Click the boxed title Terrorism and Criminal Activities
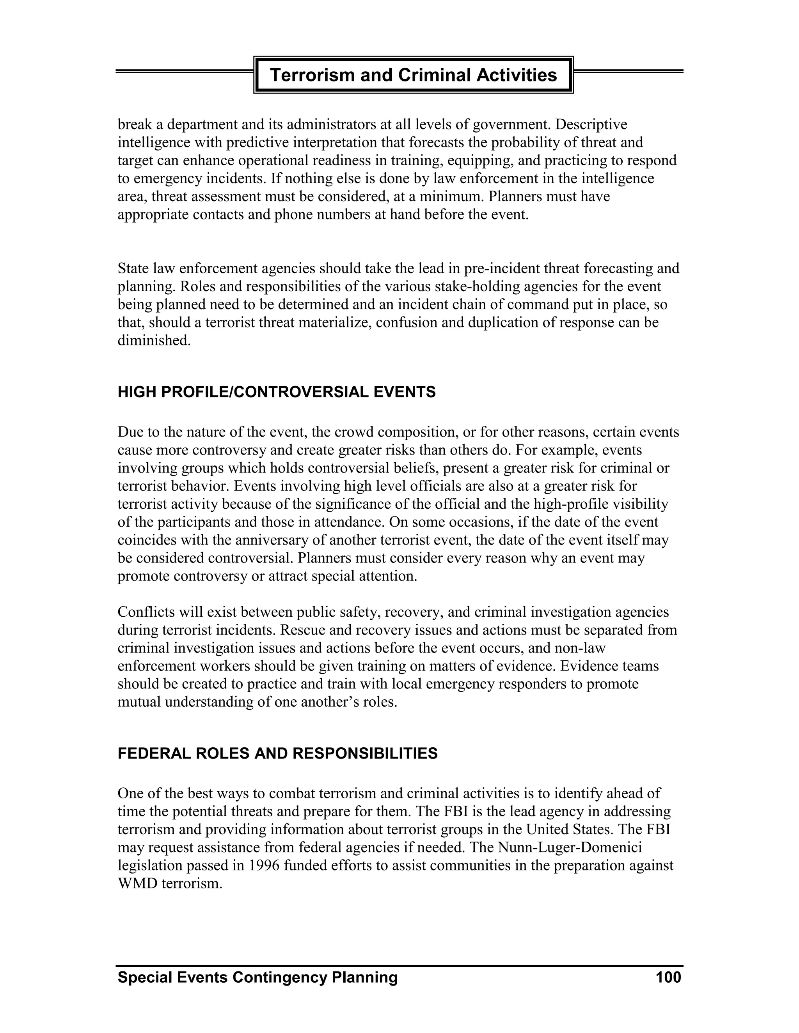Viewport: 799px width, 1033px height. [x=413, y=75]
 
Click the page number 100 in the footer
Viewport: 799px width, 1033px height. [x=668, y=977]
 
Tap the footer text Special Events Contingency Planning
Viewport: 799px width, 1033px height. [x=257, y=977]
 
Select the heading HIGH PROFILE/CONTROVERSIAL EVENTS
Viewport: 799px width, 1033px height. [x=277, y=392]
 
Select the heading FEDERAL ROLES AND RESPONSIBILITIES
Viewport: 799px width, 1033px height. [x=277, y=754]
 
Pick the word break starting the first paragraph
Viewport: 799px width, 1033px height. [x=135, y=124]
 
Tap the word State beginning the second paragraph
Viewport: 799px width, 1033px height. [x=133, y=269]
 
